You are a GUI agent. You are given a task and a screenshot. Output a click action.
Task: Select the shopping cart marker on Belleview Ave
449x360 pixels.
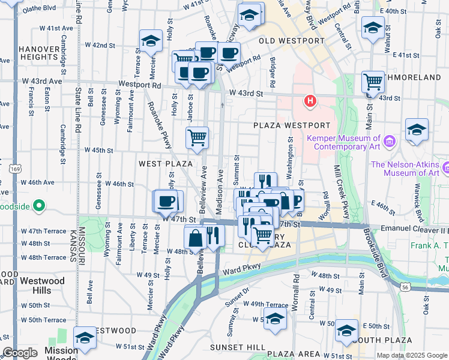pyautogui.click(x=197, y=138)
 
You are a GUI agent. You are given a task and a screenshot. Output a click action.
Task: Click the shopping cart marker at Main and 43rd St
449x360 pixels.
pyautogui.click(x=373, y=82)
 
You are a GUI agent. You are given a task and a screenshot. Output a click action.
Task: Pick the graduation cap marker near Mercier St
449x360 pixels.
pyautogui.click(x=151, y=41)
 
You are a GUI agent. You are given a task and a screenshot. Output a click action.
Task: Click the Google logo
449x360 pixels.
pyautogui.click(x=20, y=353)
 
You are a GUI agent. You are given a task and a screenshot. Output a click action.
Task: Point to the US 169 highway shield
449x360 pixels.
pyautogui.click(x=13, y=170)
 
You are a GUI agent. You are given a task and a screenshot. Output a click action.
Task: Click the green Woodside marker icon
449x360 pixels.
pyautogui.click(x=39, y=206)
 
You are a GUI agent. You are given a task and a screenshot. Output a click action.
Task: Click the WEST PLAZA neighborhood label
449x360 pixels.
pyautogui.click(x=166, y=164)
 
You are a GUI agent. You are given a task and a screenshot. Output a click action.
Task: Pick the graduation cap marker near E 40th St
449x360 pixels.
pyautogui.click(x=373, y=28)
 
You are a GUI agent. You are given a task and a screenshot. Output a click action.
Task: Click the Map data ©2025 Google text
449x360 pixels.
pyautogui.click(x=412, y=355)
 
